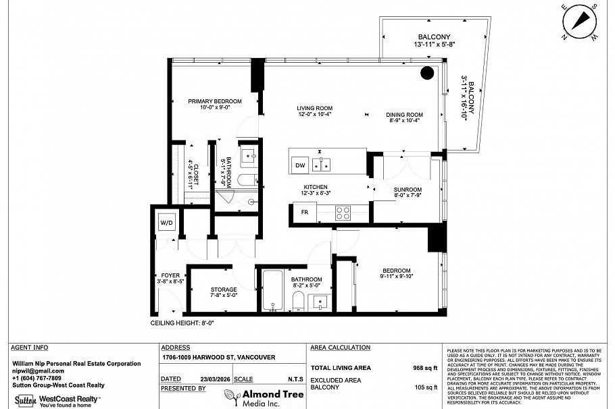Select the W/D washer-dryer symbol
click(x=166, y=223)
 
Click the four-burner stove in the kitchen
click(x=343, y=212)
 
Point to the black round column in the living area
click(x=427, y=73)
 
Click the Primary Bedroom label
click(x=214, y=101)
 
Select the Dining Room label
click(x=404, y=115)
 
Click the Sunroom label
click(x=408, y=190)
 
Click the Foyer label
click(x=170, y=275)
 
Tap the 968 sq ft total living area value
click(x=426, y=369)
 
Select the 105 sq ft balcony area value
click(x=426, y=387)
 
